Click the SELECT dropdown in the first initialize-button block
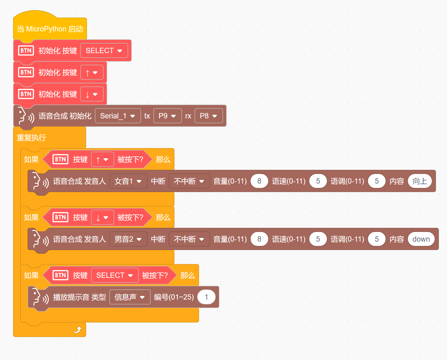coord(104,51)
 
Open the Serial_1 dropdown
coord(118,116)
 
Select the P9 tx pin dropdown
coord(167,116)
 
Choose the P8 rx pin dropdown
coord(208,116)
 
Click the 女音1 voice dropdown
coord(128,181)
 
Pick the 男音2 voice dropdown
coord(128,239)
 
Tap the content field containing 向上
coord(420,181)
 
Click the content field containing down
coord(421,239)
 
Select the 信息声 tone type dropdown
coord(130,297)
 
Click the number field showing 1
coord(206,297)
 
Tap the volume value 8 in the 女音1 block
coord(259,181)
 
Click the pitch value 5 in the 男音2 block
coord(377,239)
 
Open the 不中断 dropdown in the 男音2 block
coord(189,239)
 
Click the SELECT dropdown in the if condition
coord(115,275)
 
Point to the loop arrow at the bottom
coord(77,330)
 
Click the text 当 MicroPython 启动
coord(50,29)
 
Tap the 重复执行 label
coord(31,138)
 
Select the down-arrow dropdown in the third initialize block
coord(92,94)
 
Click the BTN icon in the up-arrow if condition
coord(60,159)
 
